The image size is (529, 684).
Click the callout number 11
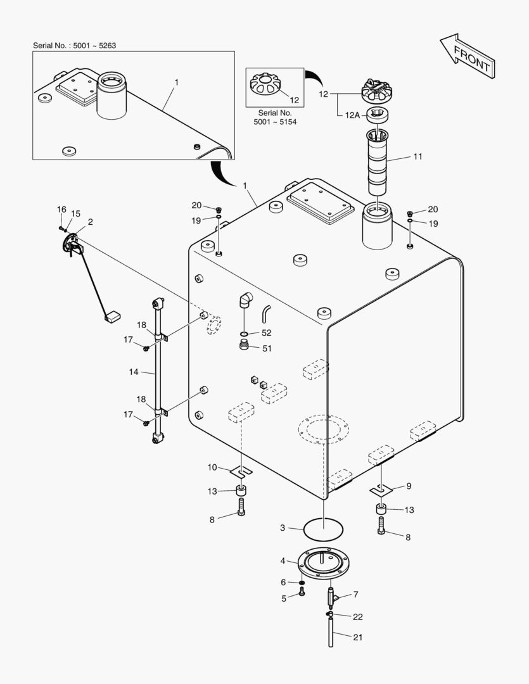coord(417,156)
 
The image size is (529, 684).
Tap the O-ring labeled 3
coord(324,527)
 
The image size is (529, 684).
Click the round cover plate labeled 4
coord(324,561)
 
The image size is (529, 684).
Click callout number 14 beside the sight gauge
coord(133,372)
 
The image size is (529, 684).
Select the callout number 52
coord(266,332)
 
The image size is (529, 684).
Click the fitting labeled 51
coord(244,346)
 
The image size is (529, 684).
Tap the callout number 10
coord(212,467)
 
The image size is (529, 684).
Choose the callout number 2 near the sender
coord(90,222)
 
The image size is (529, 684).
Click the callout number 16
coord(61,210)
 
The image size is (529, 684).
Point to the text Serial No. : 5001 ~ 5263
coord(74,46)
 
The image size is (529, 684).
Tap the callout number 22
coord(357,616)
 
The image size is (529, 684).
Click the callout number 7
coord(355,595)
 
